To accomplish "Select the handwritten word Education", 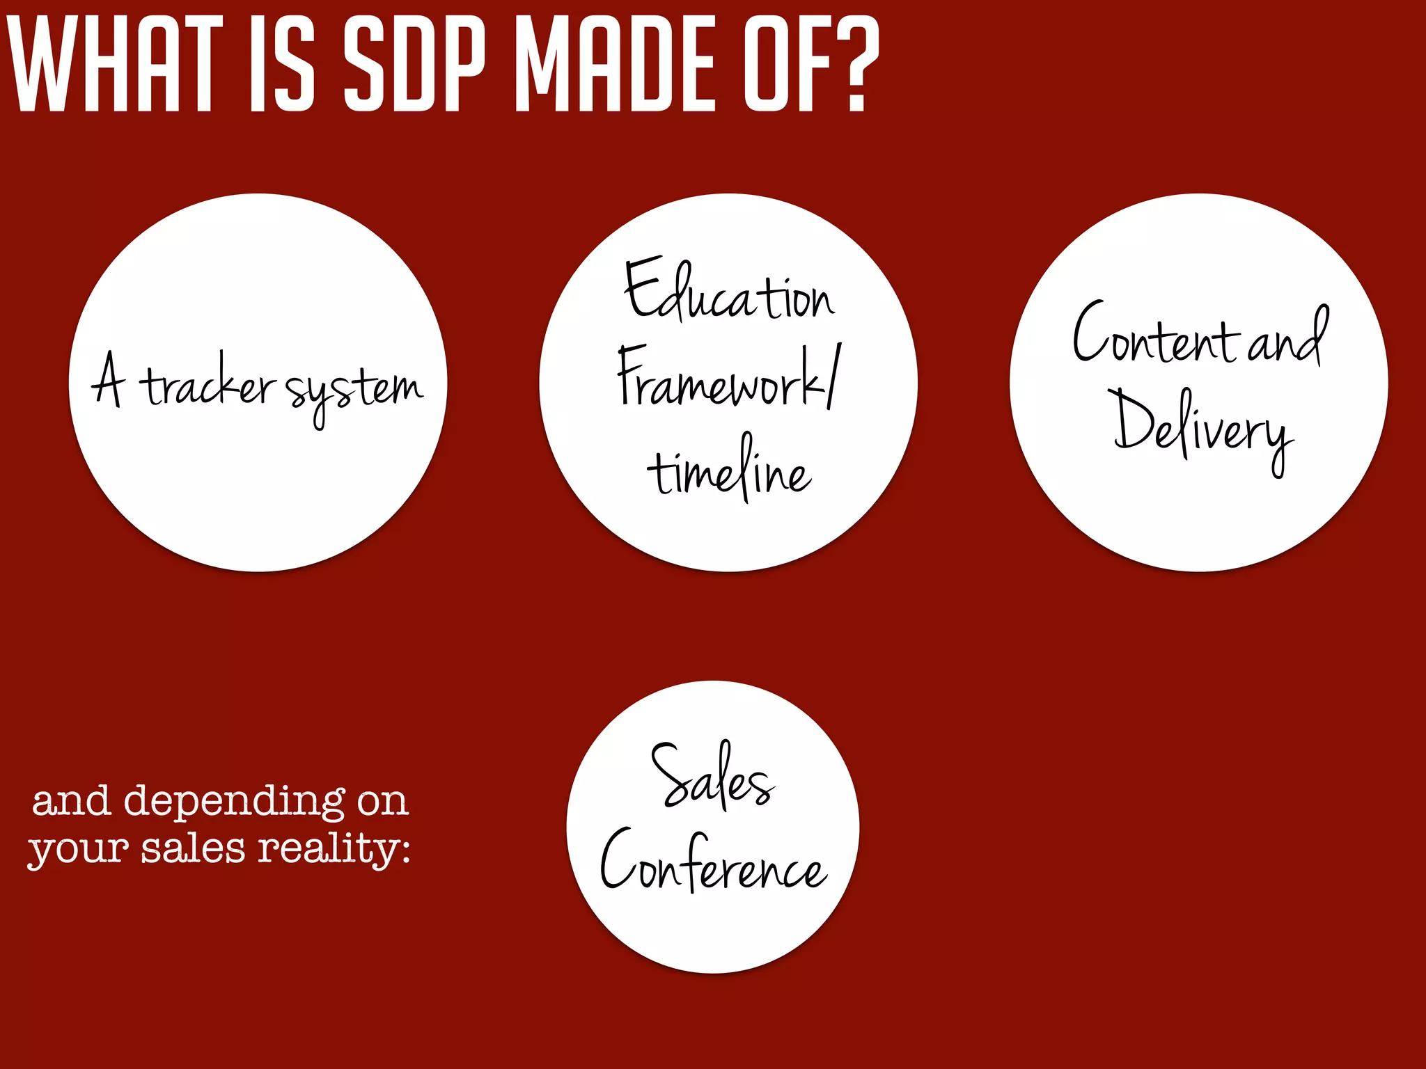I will pyautogui.click(x=728, y=292).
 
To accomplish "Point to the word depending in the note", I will pyautogui.click(x=234, y=802).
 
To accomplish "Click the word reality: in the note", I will pyautogui.click(x=334, y=850).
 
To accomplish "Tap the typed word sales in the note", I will pyautogui.click(x=194, y=849).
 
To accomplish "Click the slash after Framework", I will pyautogui.click(x=834, y=376).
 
